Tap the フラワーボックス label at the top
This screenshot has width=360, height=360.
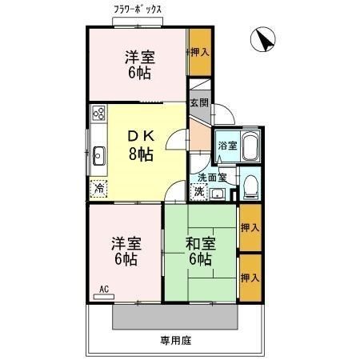138,10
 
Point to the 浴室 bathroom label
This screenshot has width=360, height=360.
226,146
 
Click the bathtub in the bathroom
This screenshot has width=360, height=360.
249,146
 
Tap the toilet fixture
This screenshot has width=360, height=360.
249,186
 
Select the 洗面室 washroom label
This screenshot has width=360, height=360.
212,177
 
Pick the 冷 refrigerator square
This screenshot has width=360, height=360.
98,190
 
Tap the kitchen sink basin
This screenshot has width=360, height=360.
99,155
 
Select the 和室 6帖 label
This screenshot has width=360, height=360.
200,251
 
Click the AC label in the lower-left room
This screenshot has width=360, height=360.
104,289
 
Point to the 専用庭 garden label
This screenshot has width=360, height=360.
175,340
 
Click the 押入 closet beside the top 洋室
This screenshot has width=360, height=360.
200,52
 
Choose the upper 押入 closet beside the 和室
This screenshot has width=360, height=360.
250,227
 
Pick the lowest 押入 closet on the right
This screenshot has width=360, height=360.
250,278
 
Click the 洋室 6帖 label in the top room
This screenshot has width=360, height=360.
138,63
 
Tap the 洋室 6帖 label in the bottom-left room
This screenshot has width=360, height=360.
124,251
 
